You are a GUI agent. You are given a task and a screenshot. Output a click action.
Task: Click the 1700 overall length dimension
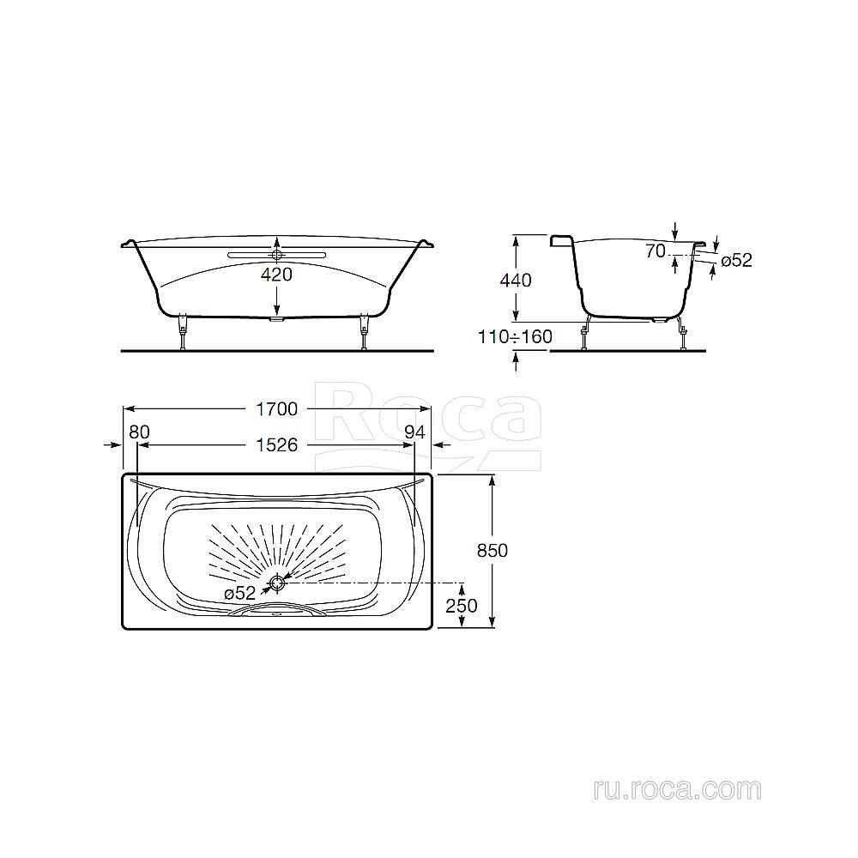[275, 409]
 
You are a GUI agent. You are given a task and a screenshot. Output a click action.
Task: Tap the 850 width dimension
[492, 551]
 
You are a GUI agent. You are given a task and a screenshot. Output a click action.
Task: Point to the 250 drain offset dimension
[462, 606]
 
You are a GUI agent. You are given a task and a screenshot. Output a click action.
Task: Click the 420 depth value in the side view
[276, 275]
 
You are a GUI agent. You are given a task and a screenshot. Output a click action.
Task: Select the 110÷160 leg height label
[515, 336]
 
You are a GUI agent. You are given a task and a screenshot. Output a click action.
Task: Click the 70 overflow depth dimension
[657, 251]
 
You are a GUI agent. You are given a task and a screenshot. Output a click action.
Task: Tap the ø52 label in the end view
[735, 260]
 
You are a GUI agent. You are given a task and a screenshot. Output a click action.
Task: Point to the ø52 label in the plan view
[239, 593]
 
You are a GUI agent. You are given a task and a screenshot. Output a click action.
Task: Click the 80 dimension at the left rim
[138, 432]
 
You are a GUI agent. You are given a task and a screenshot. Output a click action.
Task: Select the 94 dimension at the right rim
[414, 432]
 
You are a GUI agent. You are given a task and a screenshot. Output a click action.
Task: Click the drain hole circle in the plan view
[276, 583]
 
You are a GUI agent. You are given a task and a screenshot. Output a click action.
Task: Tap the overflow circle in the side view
[276, 254]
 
